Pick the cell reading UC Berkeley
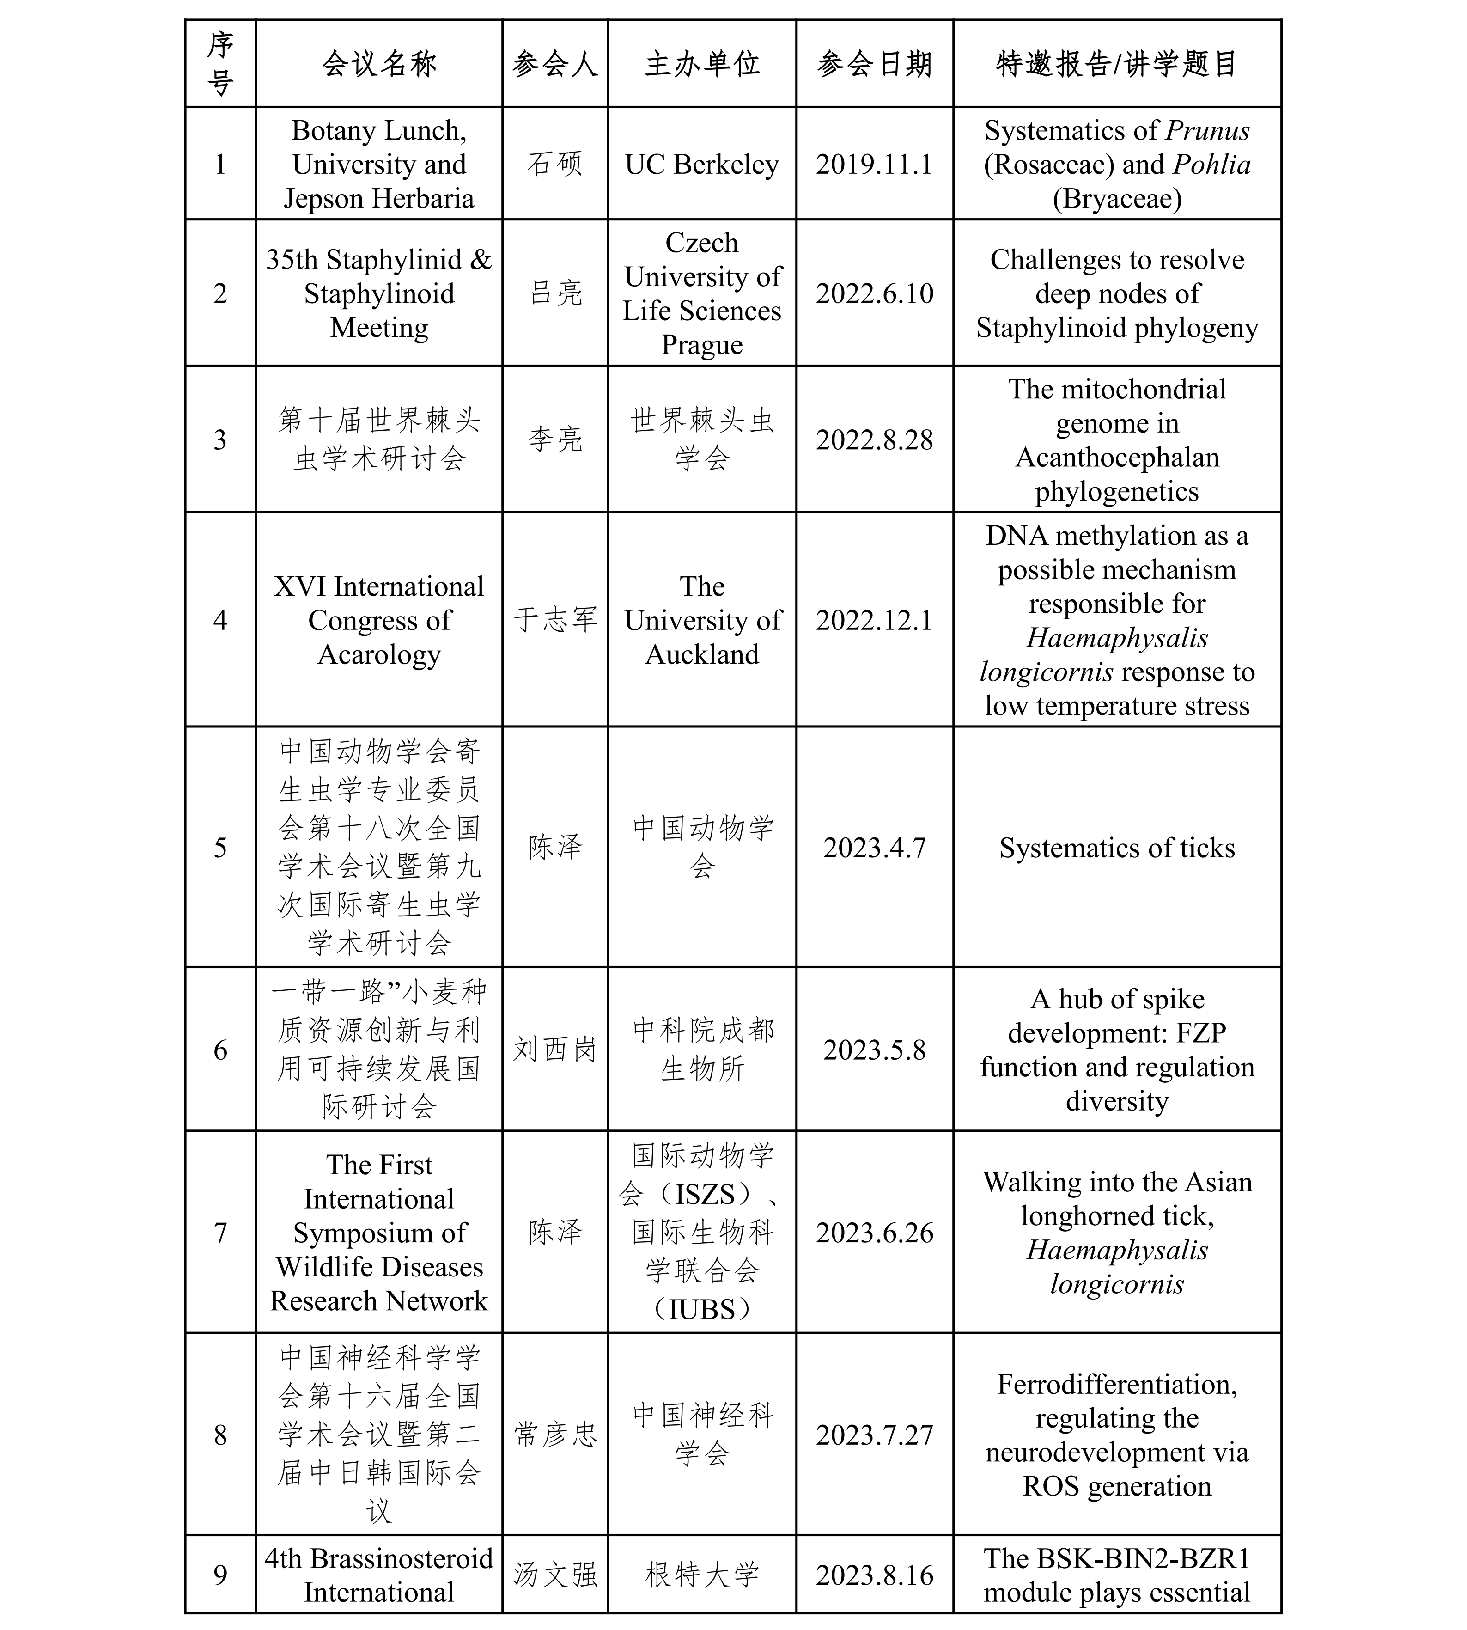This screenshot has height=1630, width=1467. pyautogui.click(x=702, y=165)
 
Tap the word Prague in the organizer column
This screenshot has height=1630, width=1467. pyautogui.click(x=702, y=344)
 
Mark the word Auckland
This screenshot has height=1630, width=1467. pyautogui.click(x=702, y=654)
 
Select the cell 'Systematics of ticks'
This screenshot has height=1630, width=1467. pyautogui.click(x=1116, y=848)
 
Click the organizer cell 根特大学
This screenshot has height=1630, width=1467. pyautogui.click(x=702, y=1575)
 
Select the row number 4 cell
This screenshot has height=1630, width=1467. pyautogui.click(x=220, y=620)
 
